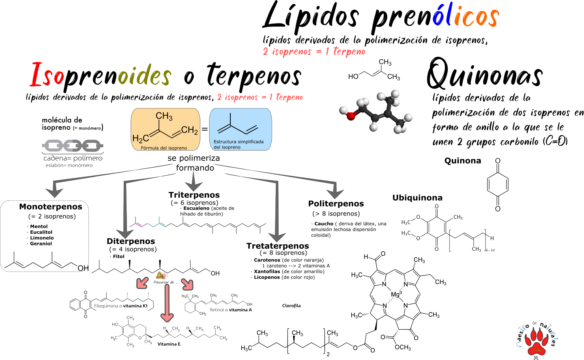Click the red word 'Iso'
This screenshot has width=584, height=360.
(47, 75)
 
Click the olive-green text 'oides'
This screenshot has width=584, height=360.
(144, 75)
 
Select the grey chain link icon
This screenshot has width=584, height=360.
(73, 145)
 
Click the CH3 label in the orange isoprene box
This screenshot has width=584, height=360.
(164, 116)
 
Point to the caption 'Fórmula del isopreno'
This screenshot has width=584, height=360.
(164, 148)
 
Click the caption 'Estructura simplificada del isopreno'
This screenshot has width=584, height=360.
(238, 144)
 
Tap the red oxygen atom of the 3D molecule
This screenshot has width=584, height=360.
(351, 116)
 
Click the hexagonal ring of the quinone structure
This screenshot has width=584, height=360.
(498, 185)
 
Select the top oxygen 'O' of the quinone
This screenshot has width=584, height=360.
(498, 161)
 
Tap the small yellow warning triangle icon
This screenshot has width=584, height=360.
(161, 275)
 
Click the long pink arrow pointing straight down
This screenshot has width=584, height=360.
(167, 303)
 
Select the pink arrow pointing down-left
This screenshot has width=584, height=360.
(142, 282)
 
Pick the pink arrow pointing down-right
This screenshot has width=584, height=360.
(187, 284)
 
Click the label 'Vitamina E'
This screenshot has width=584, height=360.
(169, 344)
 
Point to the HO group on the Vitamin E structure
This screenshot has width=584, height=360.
(115, 324)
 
